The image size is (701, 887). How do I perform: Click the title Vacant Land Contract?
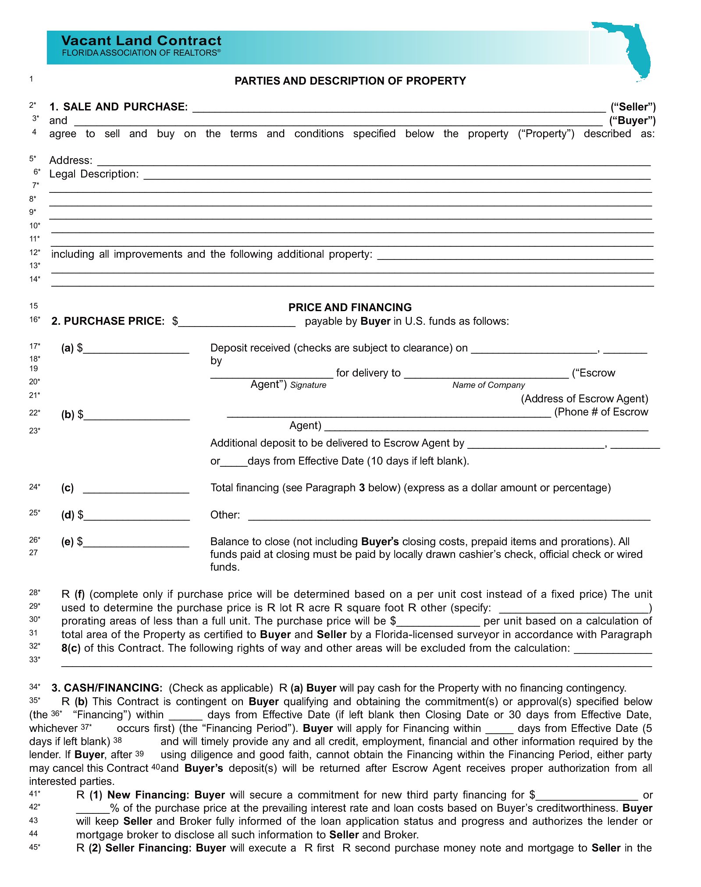click(x=141, y=40)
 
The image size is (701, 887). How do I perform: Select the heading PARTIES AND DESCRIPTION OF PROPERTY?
click(x=350, y=81)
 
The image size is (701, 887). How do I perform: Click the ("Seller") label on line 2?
click(x=633, y=107)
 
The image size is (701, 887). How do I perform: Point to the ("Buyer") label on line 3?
click(x=632, y=121)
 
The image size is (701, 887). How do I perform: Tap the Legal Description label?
click(x=94, y=174)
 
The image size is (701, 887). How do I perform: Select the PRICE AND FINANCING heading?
click(x=350, y=307)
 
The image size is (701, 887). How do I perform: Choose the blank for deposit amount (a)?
click(x=136, y=349)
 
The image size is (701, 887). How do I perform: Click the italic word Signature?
click(x=308, y=385)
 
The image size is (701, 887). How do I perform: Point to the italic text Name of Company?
click(x=488, y=385)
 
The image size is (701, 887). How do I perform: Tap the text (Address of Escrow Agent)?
click(x=584, y=399)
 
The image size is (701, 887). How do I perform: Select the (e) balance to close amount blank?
click(x=136, y=543)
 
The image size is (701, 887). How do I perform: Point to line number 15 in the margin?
click(x=34, y=306)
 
